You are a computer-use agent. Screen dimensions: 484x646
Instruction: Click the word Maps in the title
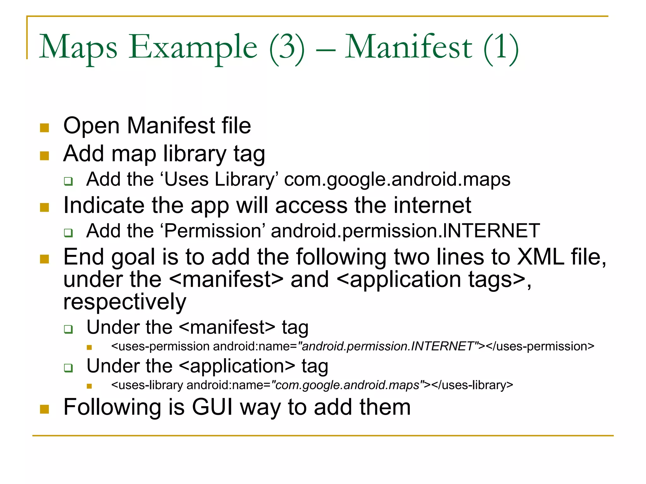point(78,47)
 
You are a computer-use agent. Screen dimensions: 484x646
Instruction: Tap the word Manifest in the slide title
point(408,47)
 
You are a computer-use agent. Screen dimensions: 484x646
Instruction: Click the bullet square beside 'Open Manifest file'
point(44,128)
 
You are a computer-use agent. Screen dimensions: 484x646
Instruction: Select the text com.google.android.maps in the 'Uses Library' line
point(397,180)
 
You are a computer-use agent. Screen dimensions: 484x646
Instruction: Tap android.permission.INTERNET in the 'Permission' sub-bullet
point(405,231)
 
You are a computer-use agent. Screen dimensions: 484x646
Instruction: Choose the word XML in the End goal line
point(541,257)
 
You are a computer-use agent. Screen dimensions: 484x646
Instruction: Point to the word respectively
point(125,302)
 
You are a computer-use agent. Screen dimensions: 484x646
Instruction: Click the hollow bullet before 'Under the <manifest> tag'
point(68,329)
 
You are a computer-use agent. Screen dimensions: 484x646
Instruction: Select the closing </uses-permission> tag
point(540,346)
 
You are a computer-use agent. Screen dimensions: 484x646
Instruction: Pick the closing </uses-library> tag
point(472,385)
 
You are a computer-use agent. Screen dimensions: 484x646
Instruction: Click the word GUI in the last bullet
point(212,407)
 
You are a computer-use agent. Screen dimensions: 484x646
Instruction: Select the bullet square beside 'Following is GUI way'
point(44,409)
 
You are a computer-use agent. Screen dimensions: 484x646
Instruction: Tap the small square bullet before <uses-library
point(89,386)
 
